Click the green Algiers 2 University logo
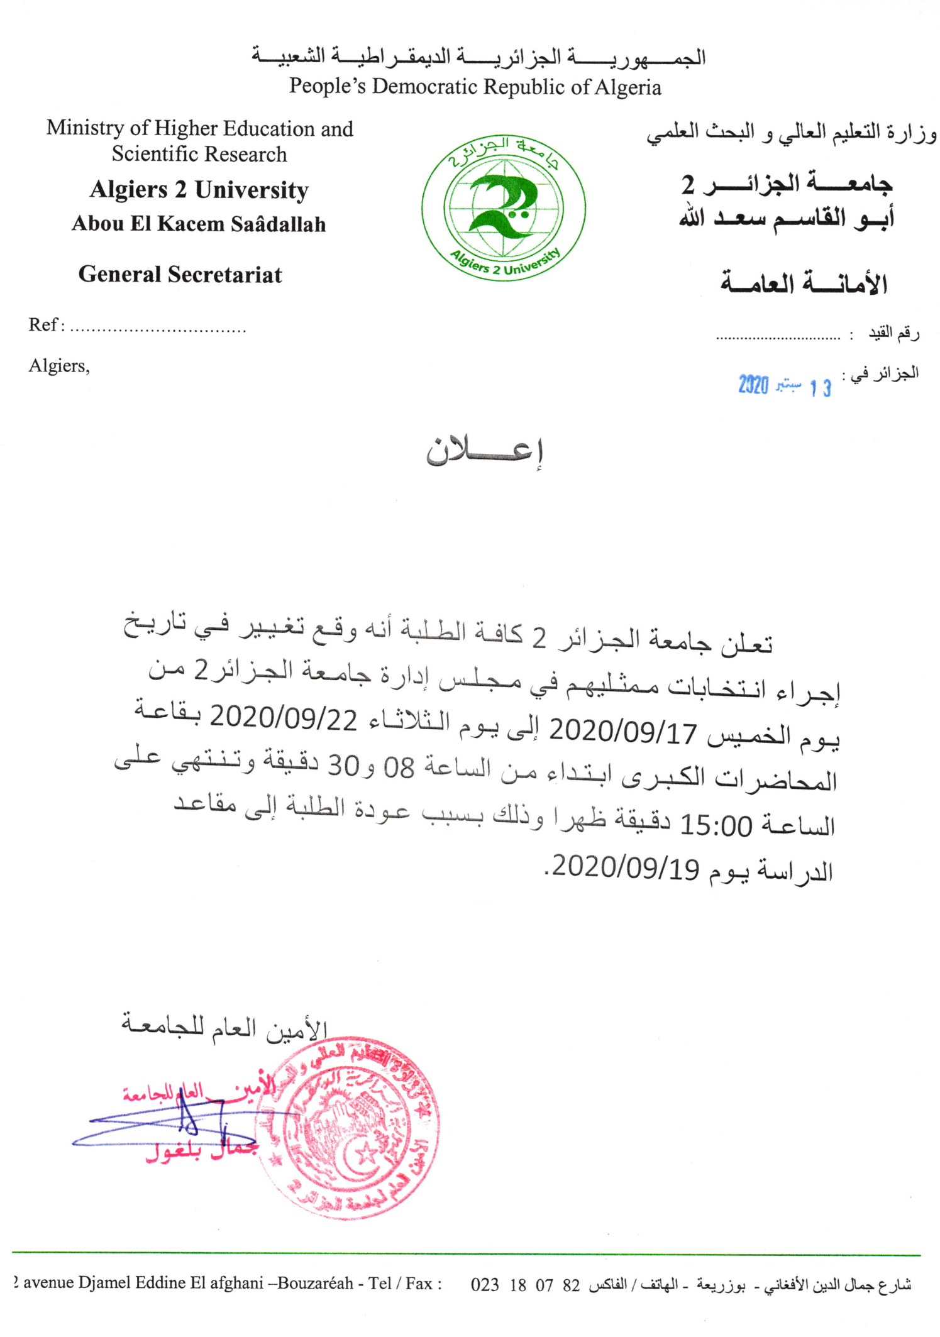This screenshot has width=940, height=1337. tap(503, 207)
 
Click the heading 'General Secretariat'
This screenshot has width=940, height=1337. tap(180, 275)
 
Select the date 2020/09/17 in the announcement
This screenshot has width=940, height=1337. tap(622, 731)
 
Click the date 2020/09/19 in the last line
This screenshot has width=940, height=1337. tap(626, 868)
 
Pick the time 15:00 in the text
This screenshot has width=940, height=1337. tap(716, 825)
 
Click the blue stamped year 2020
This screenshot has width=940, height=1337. tap(753, 385)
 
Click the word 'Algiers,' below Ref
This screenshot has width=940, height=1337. tap(59, 366)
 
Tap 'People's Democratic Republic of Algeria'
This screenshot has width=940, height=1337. tap(475, 87)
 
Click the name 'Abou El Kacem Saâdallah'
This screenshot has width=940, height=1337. tap(199, 224)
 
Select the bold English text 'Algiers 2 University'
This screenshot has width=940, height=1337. tap(199, 190)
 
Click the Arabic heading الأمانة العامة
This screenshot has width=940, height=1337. tap(803, 283)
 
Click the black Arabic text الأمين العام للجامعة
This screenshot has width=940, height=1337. tap(224, 1028)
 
